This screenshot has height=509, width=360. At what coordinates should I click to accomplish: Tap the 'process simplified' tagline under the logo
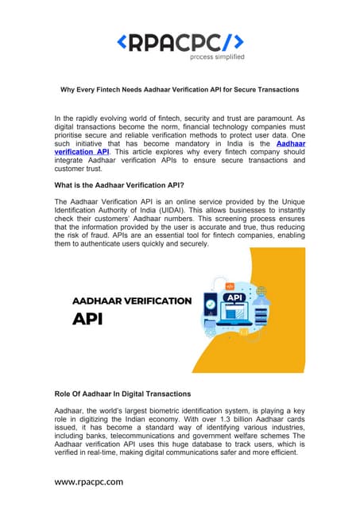216,57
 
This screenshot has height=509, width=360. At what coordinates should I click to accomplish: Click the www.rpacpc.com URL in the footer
89,482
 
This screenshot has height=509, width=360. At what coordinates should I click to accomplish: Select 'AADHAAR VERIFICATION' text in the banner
132,301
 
